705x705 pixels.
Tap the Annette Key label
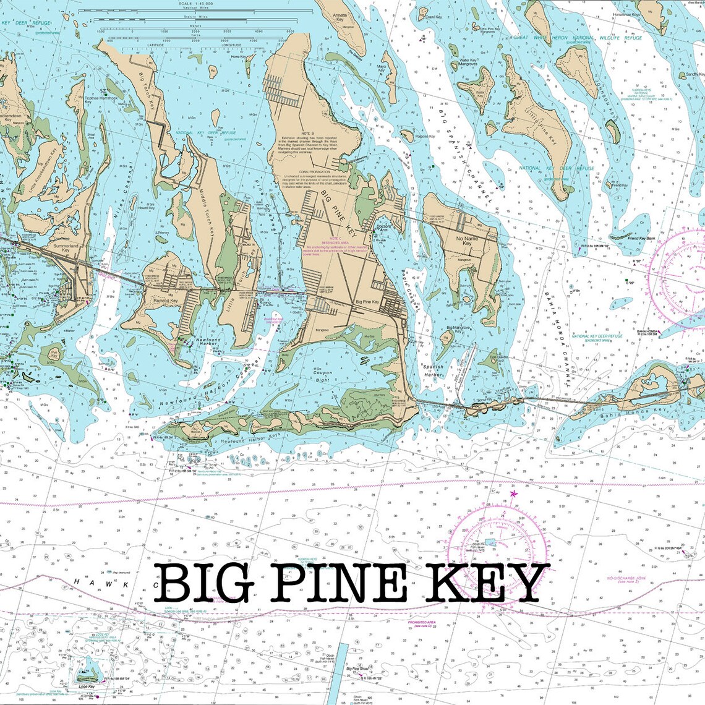click(x=340, y=17)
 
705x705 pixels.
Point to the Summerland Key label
click(x=66, y=247)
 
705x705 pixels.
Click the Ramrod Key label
click(x=165, y=300)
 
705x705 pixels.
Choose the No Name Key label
click(x=467, y=241)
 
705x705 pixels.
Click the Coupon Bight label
click(x=322, y=375)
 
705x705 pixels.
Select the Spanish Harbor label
click(x=433, y=370)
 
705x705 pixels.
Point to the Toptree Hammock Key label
click(x=96, y=100)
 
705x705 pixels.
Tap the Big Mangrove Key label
click(x=458, y=329)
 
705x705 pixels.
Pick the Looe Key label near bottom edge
click(x=87, y=686)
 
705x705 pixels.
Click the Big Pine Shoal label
click(x=357, y=669)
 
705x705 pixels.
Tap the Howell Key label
click(x=147, y=208)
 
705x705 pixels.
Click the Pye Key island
click(x=54, y=355)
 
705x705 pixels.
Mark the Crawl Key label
click(x=434, y=17)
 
